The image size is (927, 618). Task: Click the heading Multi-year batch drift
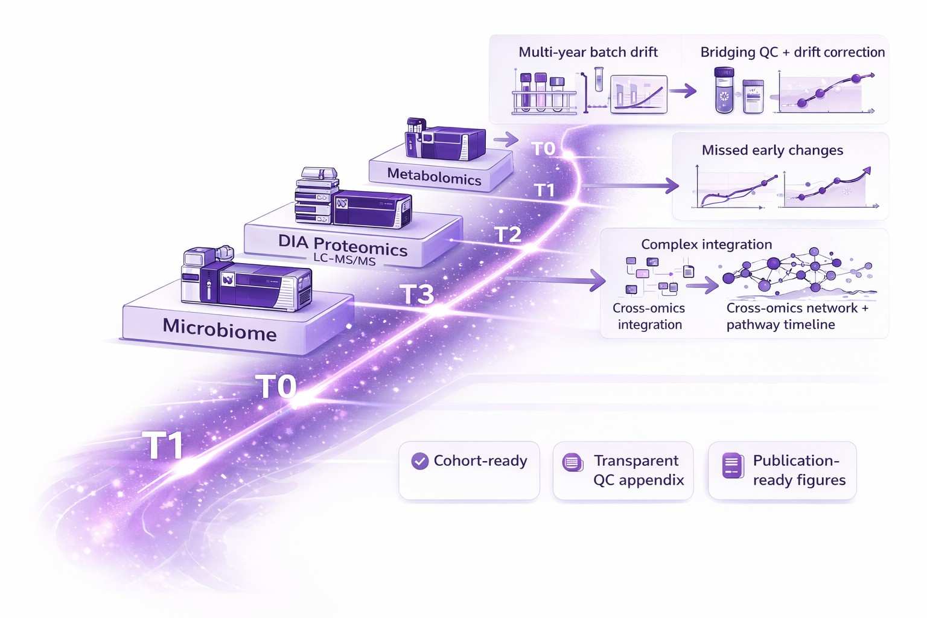point(588,53)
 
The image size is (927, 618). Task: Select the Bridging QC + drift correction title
point(792,53)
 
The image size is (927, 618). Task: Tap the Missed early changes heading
point(772,150)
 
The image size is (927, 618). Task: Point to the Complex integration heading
point(706,244)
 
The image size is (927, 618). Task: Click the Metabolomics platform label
point(434,176)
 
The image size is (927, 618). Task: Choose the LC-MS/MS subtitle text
point(344,260)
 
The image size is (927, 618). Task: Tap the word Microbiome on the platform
point(220,329)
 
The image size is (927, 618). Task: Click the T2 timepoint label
point(508,235)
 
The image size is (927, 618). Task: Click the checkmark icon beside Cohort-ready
point(419,461)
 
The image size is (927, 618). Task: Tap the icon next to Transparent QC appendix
point(572,463)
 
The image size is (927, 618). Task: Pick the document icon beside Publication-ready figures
point(733,465)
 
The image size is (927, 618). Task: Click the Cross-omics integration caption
point(649,316)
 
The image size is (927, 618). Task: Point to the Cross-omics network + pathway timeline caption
point(797,316)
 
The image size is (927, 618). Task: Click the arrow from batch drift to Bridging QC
point(682,92)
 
